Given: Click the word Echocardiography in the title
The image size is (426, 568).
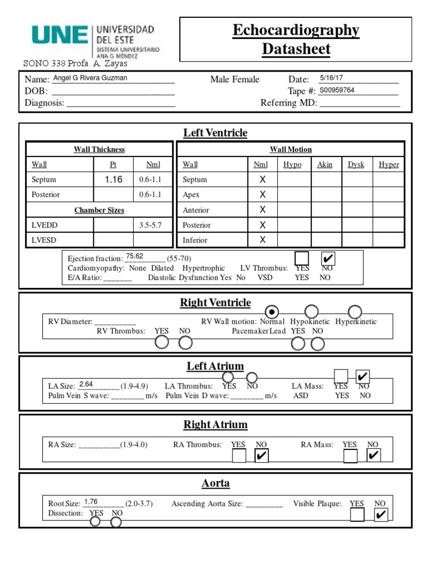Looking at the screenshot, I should (x=296, y=31).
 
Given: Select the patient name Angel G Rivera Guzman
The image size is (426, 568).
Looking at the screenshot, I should (x=89, y=78).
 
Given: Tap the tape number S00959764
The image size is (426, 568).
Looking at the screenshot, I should (x=337, y=90).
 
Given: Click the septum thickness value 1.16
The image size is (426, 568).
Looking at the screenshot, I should (x=113, y=180).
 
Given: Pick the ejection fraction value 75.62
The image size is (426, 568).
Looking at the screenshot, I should (x=135, y=256).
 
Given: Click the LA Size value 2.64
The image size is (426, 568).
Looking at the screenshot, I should (x=86, y=384).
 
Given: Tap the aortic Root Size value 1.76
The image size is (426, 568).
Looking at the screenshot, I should (x=91, y=502).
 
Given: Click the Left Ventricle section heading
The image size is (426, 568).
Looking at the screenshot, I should (x=215, y=133).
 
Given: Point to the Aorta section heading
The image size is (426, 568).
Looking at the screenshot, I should (x=215, y=483).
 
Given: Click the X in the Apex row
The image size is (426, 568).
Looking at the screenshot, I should (x=263, y=195).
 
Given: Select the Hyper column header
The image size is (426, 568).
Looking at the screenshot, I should (x=388, y=165).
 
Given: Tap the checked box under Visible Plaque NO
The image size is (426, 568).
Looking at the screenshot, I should (x=381, y=515).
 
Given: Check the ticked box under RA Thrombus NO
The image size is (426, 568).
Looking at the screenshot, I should (x=261, y=456).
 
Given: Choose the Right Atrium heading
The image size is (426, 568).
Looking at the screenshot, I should (x=215, y=425).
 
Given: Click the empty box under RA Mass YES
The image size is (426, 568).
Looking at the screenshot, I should (x=351, y=456).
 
